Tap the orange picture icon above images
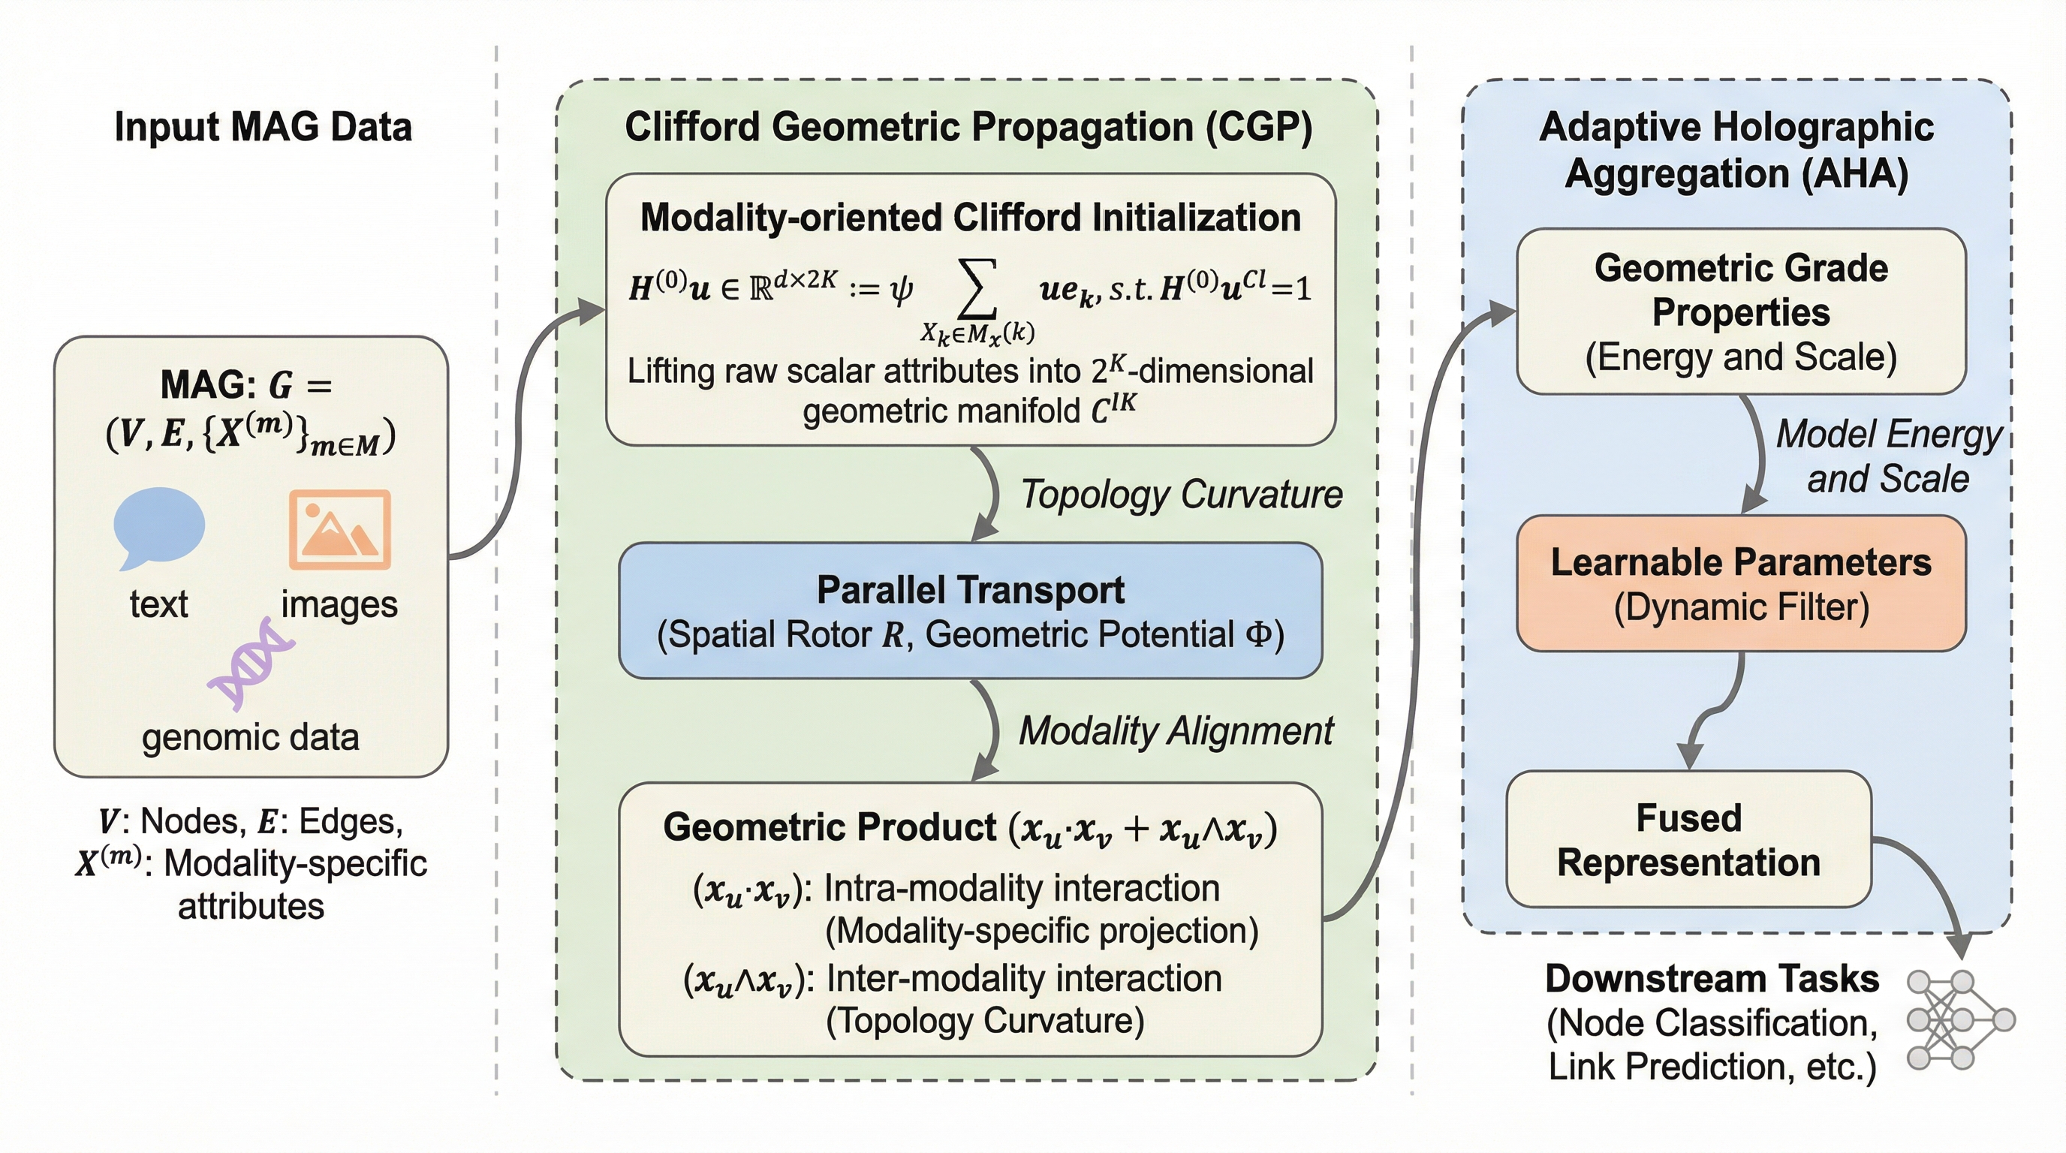pyautogui.click(x=340, y=529)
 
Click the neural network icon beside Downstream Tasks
pyautogui.click(x=1960, y=1020)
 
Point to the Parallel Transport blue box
pyautogui.click(x=971, y=611)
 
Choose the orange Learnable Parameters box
pyautogui.click(x=1741, y=583)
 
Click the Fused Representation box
pyautogui.click(x=1689, y=839)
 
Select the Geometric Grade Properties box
pyautogui.click(x=1741, y=311)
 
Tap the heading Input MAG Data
pyautogui.click(x=263, y=127)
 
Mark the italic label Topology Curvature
pyautogui.click(x=1182, y=494)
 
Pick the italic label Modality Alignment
pyautogui.click(x=1176, y=731)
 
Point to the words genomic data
pyautogui.click(x=250, y=738)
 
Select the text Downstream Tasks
pyautogui.click(x=1712, y=978)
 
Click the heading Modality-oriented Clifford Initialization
pyautogui.click(x=971, y=217)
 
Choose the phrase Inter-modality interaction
pyautogui.click(x=1024, y=978)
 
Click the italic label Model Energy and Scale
pyautogui.click(x=1890, y=456)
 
